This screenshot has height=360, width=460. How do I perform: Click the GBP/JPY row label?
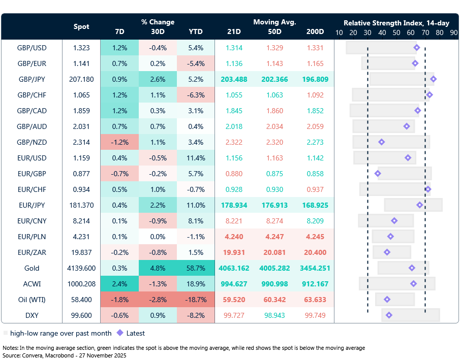click(32, 79)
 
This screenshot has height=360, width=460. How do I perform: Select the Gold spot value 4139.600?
click(81, 268)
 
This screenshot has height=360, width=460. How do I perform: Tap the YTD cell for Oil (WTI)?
click(196, 300)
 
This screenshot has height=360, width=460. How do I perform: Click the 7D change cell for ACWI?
click(119, 284)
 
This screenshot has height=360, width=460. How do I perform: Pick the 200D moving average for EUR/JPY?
click(315, 205)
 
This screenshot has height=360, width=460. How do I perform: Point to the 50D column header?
click(274, 31)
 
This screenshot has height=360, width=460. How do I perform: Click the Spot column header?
click(81, 26)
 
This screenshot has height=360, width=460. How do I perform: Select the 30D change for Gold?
click(158, 268)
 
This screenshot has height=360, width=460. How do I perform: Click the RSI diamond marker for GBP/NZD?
click(381, 142)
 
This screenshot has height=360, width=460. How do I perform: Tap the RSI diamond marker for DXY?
click(389, 315)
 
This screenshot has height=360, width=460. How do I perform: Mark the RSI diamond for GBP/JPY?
click(433, 79)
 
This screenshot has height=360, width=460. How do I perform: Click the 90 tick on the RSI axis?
click(453, 32)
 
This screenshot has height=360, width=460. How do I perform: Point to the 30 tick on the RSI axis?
click(367, 32)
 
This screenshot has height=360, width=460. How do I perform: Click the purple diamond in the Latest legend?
click(120, 333)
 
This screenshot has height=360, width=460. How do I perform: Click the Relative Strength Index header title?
click(396, 23)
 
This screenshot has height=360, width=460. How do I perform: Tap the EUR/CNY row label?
click(32, 221)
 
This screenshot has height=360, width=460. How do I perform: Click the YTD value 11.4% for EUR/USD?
click(196, 158)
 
